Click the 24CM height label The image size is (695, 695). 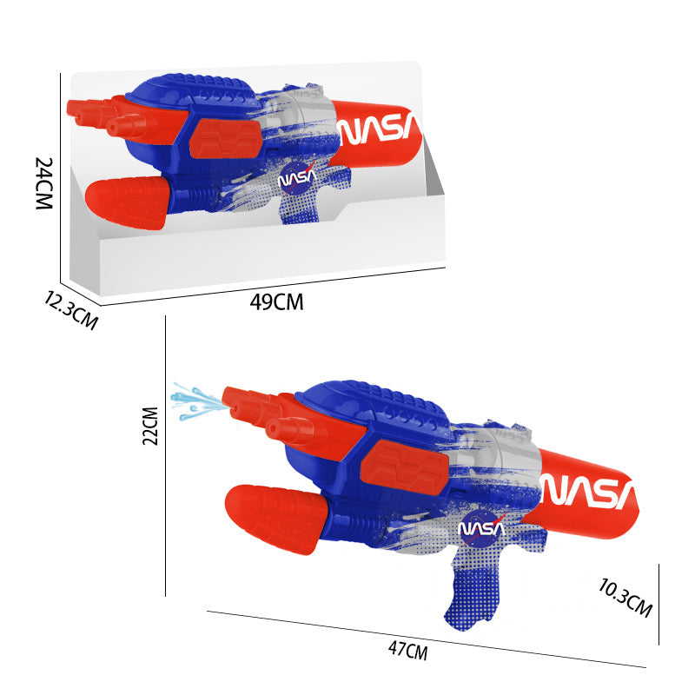pos(44,183)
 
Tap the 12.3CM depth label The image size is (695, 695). pos(71,310)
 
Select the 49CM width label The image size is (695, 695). pos(276,302)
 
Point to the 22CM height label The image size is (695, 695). pos(150,426)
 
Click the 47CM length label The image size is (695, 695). pos(407,651)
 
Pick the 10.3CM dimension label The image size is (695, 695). pos(625,598)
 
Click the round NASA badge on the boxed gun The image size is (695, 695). pos(297,179)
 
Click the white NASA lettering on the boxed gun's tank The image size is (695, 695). pos(378,128)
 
